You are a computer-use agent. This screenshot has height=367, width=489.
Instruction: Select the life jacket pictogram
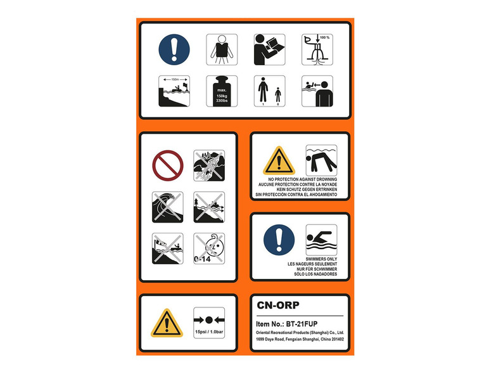(221, 49)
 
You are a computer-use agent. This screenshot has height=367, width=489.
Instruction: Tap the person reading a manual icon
(270, 49)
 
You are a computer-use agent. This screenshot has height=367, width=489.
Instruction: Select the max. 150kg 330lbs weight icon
(221, 91)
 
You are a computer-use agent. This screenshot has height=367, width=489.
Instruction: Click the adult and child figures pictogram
(270, 91)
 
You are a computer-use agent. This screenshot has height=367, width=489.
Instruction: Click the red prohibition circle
(168, 164)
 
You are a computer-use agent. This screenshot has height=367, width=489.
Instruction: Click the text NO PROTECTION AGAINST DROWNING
(300, 180)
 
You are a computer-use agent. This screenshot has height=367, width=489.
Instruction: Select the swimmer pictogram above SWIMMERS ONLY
(321, 240)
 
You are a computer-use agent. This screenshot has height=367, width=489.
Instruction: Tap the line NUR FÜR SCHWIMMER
(300, 269)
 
